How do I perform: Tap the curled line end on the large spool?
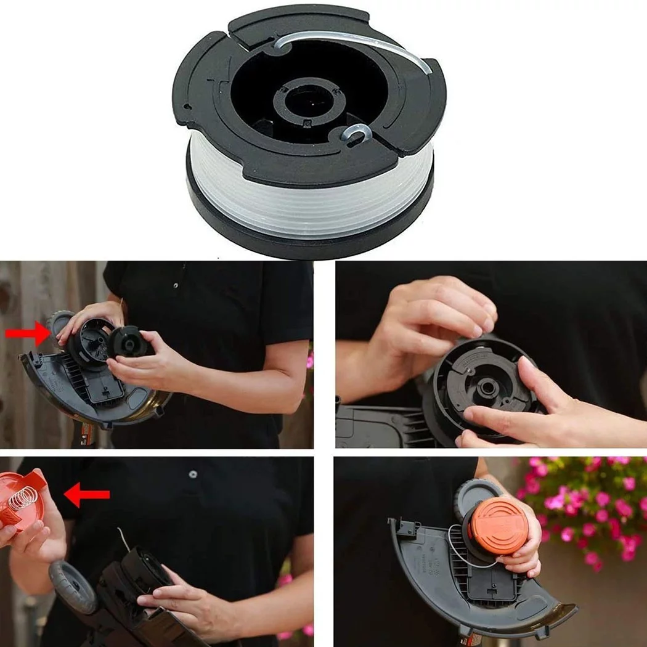coord(357,132)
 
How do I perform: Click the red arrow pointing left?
coord(88,494)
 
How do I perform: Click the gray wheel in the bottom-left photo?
coord(72,585)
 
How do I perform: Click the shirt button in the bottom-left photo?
coord(193,474)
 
